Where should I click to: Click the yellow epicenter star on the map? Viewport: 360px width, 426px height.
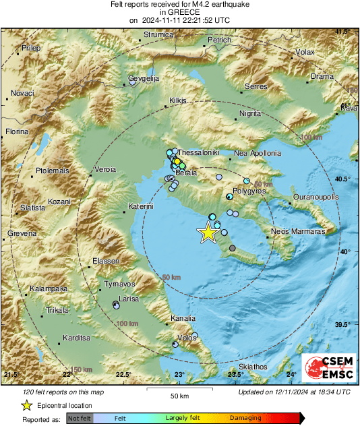coord(208,233)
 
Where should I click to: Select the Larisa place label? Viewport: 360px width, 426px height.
coord(129,298)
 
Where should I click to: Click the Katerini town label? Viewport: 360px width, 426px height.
coord(142,206)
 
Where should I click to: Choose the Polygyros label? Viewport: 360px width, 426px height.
coord(249,191)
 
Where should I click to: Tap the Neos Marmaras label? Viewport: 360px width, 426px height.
coord(298,231)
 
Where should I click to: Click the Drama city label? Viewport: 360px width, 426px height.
coord(322,77)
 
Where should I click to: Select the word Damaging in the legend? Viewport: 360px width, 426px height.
coord(245,419)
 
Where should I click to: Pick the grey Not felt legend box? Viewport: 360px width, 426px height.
coord(80,419)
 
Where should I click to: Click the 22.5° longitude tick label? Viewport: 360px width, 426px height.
coord(123,375)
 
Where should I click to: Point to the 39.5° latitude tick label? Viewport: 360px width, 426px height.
coord(347,324)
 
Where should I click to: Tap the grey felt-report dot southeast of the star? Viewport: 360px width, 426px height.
coord(233,249)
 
